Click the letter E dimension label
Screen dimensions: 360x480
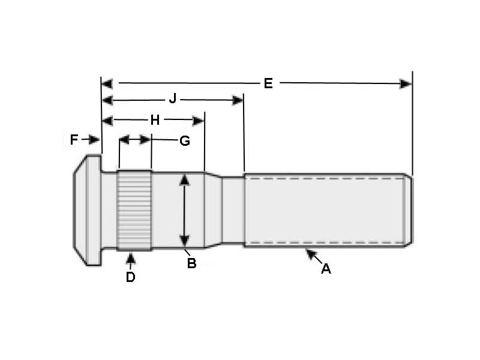268,83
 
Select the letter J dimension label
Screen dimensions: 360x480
172,99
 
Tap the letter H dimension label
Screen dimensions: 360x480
155,120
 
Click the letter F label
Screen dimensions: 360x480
74,140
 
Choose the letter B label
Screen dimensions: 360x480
191,263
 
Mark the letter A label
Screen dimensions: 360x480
326,269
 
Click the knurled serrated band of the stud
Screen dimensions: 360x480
134,210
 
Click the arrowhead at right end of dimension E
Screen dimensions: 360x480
406,83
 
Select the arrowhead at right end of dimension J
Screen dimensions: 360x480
238,100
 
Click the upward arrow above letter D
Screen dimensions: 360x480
131,259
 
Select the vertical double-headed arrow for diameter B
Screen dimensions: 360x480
185,210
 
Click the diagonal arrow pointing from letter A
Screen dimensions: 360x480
313,256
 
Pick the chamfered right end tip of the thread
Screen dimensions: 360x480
409,210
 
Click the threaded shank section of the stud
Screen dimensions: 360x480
324,210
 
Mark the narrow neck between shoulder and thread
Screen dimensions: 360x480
233,210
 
